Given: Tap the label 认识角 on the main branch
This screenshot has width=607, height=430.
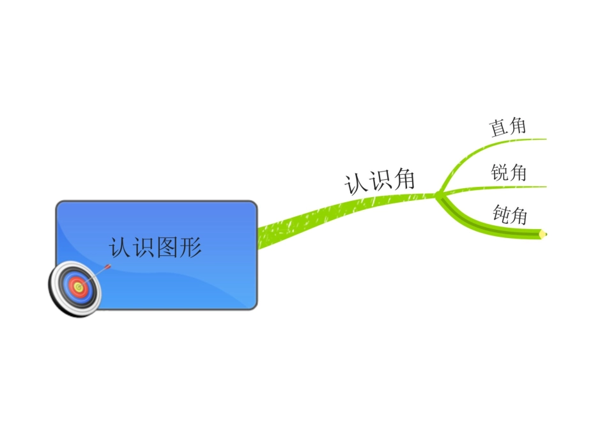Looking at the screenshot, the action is click(x=380, y=181).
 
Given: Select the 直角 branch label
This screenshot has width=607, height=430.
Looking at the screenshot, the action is click(x=508, y=127).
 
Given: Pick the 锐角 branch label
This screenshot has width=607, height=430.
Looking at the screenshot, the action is click(x=509, y=172).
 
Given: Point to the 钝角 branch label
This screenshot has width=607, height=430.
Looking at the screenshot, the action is click(x=511, y=214).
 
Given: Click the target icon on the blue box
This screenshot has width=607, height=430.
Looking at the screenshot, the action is click(x=75, y=289).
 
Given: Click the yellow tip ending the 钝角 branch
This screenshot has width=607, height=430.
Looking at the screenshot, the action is click(x=543, y=234).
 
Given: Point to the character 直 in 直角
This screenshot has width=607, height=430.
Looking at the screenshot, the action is click(x=498, y=128).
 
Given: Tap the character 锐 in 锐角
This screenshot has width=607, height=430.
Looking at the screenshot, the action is click(x=500, y=172).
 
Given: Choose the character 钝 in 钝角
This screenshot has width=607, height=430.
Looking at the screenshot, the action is click(x=502, y=212).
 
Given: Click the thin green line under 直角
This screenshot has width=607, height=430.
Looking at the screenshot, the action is click(x=524, y=139).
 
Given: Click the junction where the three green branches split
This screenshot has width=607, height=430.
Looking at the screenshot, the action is click(x=439, y=195).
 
